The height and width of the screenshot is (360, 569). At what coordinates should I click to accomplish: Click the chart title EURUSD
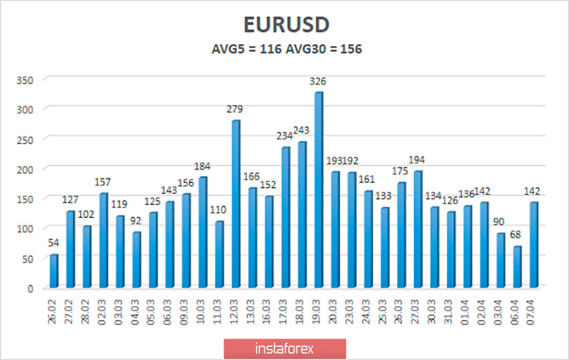286,24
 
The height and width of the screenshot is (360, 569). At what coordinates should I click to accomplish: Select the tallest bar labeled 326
318,190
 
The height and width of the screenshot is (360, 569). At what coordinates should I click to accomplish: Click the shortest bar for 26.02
53,271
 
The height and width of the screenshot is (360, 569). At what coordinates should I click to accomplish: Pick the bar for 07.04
533,245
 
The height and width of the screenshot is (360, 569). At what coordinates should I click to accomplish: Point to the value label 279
235,109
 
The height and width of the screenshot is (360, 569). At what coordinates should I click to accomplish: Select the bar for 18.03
301,215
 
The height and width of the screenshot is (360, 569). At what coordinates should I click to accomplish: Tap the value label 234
285,136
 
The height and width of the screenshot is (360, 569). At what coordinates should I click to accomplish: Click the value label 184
202,166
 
